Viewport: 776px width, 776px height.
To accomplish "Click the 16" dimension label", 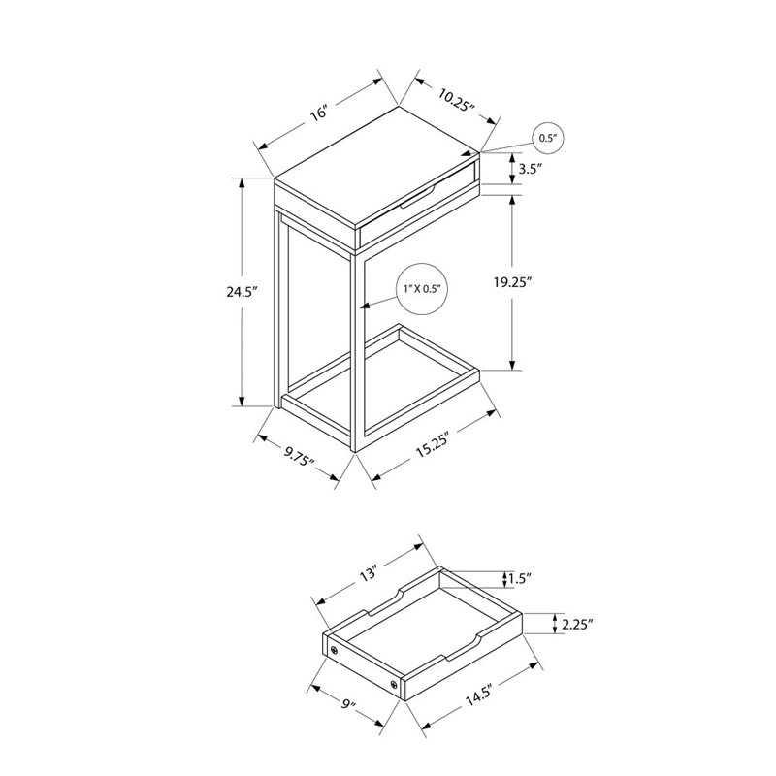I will (x=317, y=113).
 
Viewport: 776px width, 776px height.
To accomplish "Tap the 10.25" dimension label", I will (x=457, y=98).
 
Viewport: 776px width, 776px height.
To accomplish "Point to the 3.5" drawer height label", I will (x=530, y=169).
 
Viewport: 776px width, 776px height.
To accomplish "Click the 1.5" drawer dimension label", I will (x=522, y=581).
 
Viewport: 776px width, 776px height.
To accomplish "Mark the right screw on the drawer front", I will (x=394, y=686).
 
